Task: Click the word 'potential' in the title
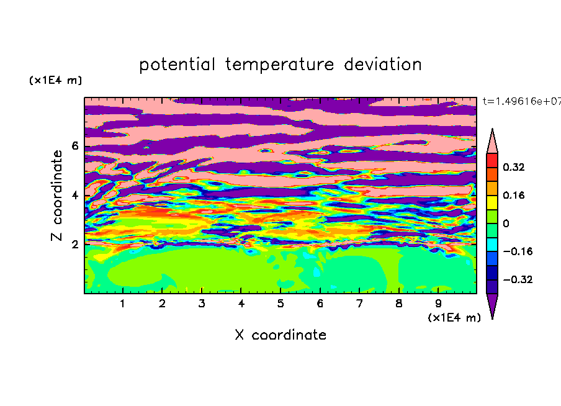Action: pos(177,65)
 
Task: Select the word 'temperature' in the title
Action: pos(280,65)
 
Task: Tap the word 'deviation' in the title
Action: pos(383,64)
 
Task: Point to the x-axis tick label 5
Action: pos(280,304)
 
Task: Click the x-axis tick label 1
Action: pos(123,304)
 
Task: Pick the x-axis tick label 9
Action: pos(438,304)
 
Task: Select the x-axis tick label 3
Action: pos(202,304)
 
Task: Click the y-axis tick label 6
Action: pos(74,146)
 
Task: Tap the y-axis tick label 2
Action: pos(74,245)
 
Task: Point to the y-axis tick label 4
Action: pos(74,196)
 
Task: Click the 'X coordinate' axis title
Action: pos(280,335)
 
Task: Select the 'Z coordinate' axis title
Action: pos(57,196)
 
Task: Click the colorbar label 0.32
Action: pos(514,167)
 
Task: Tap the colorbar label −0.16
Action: pos(518,251)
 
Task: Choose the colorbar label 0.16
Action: pos(514,195)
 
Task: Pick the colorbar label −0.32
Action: pos(518,279)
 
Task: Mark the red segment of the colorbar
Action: pos(492,160)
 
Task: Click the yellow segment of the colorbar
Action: pos(492,202)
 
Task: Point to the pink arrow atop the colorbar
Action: pos(492,142)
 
